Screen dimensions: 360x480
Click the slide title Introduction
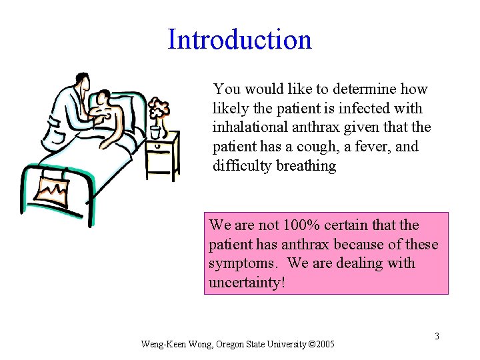239,39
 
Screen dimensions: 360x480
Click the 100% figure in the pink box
299,225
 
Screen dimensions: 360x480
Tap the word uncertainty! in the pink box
247,283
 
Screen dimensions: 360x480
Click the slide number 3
437,336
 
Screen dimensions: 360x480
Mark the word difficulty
241,166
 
